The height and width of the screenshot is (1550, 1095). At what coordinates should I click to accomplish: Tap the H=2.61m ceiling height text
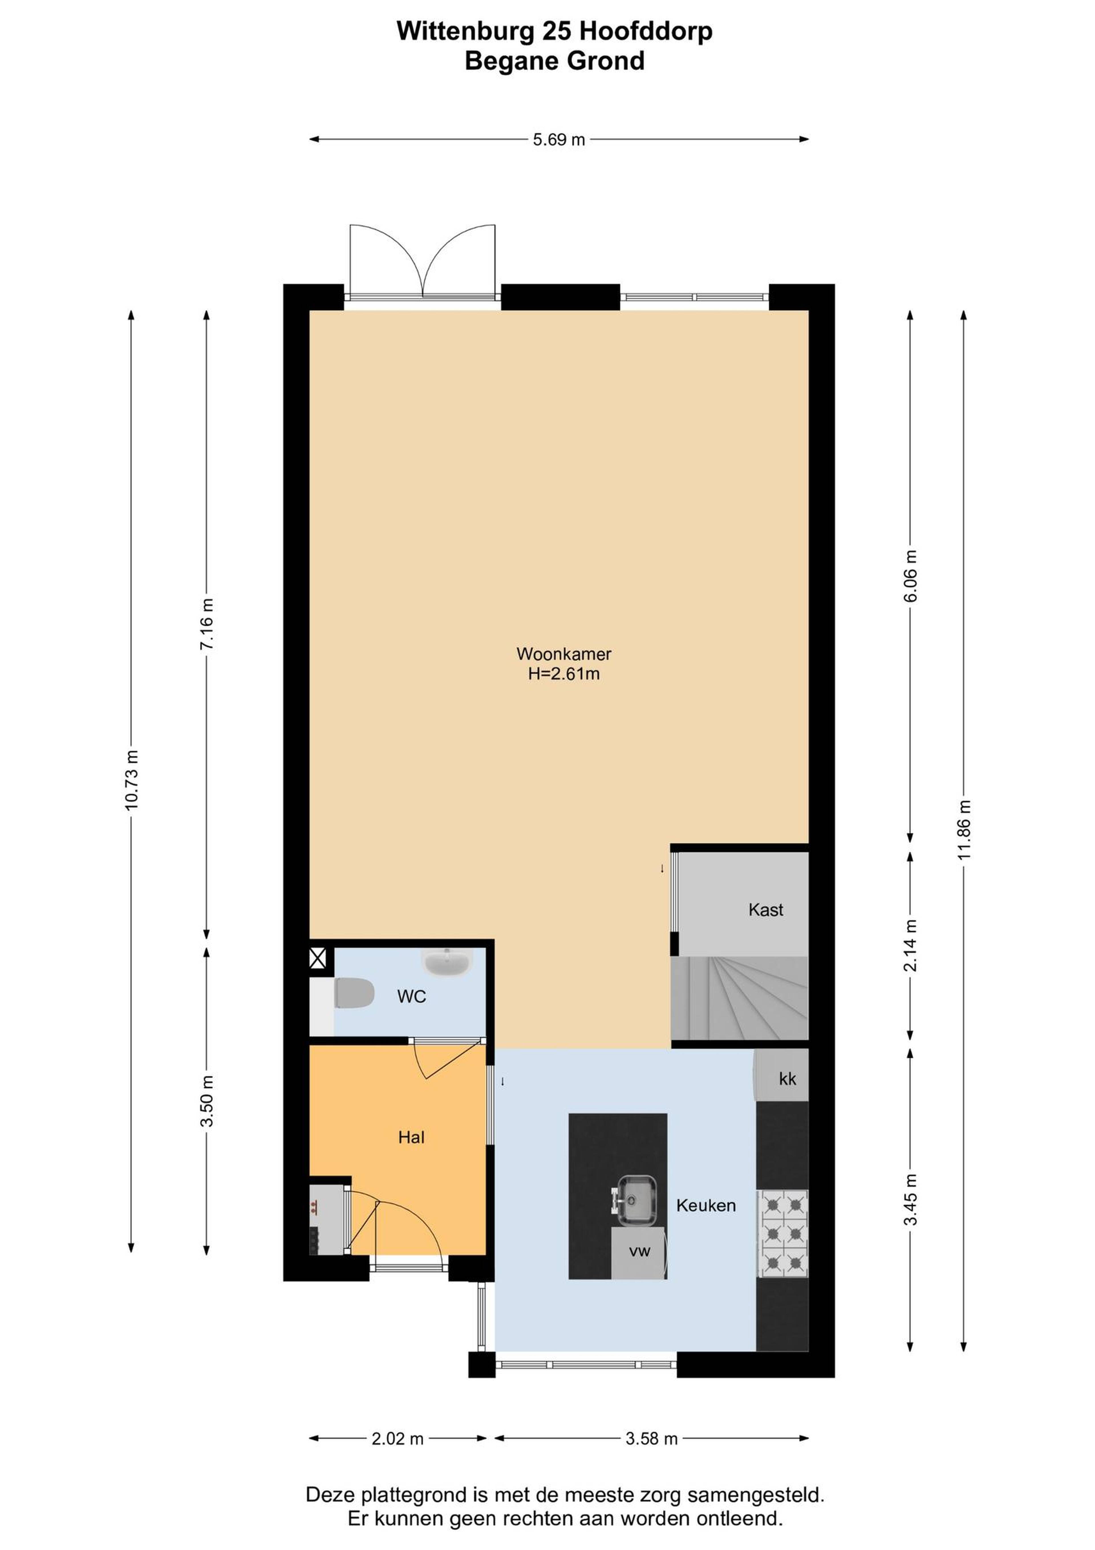(564, 674)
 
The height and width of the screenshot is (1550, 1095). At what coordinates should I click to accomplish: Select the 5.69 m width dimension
(559, 140)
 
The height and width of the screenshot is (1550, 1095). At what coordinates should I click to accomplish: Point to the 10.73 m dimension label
(131, 780)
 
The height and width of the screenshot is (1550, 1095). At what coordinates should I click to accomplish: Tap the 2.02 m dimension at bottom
(398, 1439)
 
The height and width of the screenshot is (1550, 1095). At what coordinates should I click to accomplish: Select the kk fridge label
(787, 1079)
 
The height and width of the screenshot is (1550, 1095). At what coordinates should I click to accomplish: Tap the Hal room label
(411, 1138)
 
